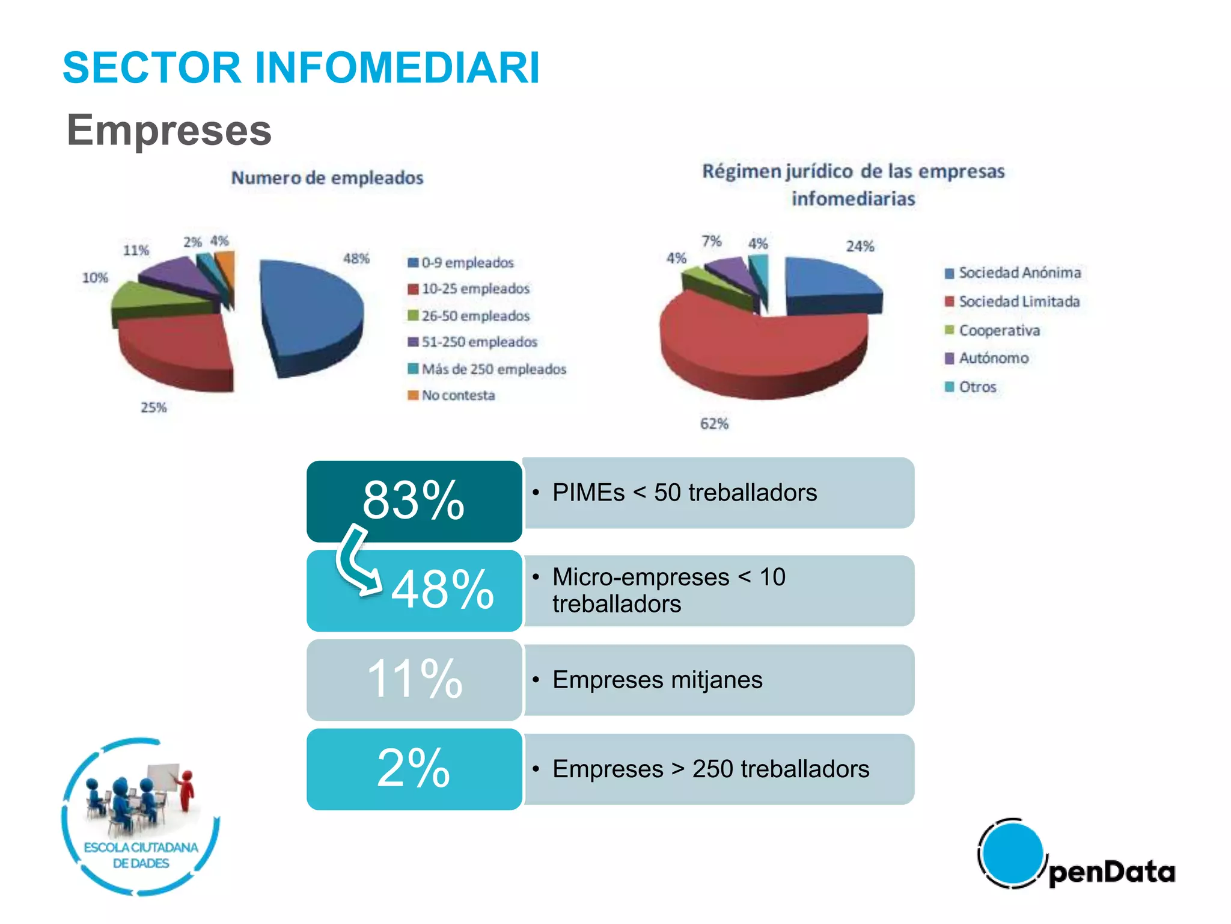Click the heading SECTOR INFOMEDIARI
click(301, 67)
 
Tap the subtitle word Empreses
click(169, 130)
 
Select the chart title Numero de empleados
click(328, 178)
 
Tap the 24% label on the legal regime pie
click(860, 247)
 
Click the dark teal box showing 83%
click(414, 500)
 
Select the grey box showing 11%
click(414, 679)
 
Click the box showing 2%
click(414, 769)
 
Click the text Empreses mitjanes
click(657, 680)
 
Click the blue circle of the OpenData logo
click(1013, 853)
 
